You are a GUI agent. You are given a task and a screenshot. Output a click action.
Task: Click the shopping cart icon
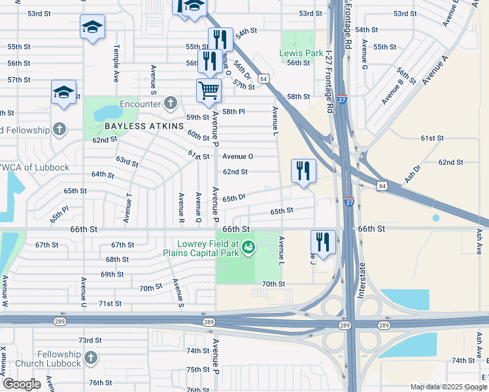click(209, 90)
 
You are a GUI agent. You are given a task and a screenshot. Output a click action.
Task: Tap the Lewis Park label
click(301, 52)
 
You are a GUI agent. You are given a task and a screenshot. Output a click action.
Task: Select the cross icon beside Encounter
click(171, 103)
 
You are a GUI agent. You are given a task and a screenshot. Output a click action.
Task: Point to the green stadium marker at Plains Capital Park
click(248, 247)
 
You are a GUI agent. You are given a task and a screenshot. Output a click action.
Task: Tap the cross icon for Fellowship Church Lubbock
click(90, 358)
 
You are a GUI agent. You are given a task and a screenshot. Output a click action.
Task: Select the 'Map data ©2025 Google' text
click(448, 387)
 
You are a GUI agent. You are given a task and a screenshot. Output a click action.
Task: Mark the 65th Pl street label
click(59, 214)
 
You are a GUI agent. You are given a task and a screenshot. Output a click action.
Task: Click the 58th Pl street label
click(233, 112)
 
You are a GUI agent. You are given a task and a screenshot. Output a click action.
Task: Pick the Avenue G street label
click(365, 56)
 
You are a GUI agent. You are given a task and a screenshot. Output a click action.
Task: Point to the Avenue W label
click(5, 291)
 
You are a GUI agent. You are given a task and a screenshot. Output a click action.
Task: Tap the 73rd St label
click(90, 340)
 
